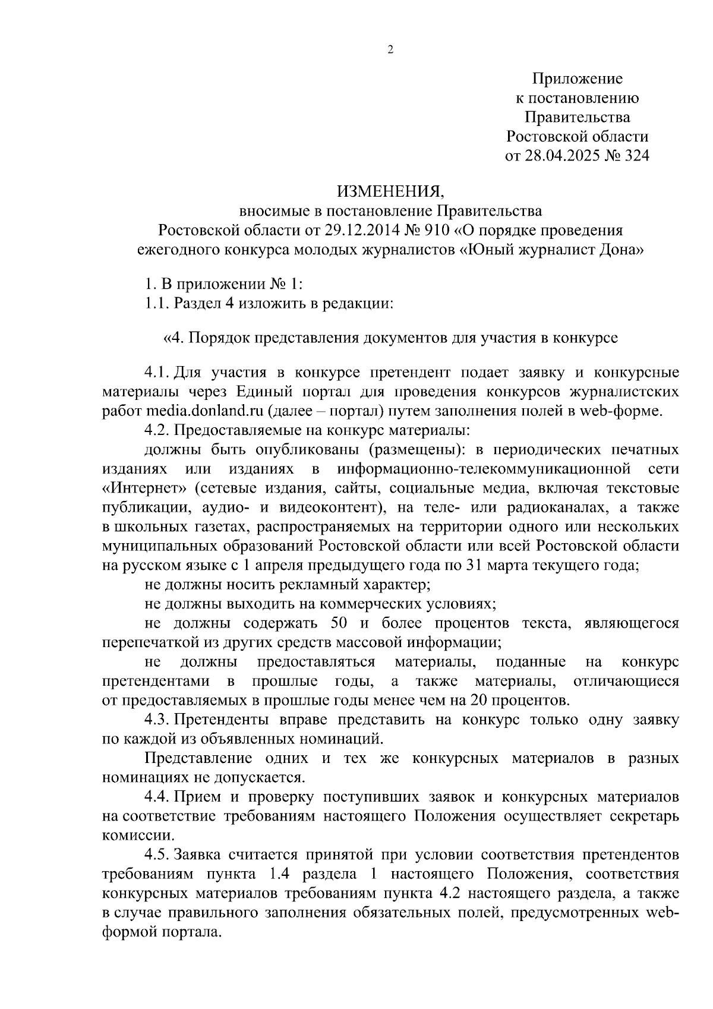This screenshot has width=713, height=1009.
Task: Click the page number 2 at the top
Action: pos(390,51)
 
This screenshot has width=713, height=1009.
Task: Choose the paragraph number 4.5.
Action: pos(157,855)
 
